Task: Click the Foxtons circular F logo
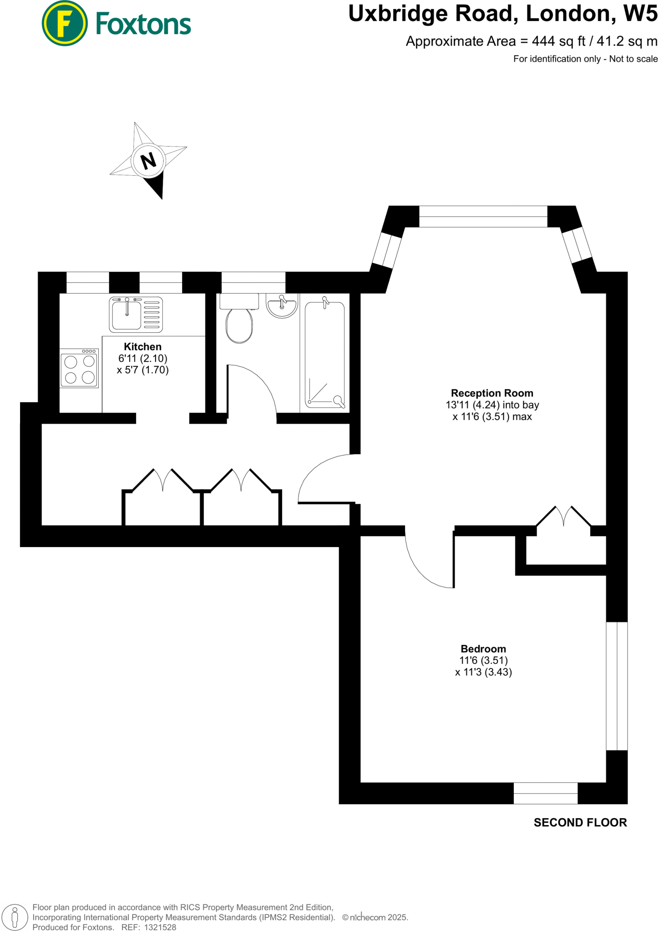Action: (64, 24)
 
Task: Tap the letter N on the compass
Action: (148, 161)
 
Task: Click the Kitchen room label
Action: (142, 347)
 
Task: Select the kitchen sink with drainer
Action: (136, 314)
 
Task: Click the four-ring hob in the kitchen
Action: (79, 368)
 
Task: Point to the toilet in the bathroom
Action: (239, 321)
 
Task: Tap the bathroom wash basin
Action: (282, 305)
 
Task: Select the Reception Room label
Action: (491, 393)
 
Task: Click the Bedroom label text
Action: (483, 649)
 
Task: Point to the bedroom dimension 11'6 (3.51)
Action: (483, 660)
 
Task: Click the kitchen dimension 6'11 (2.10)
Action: (142, 359)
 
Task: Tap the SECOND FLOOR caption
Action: (580, 822)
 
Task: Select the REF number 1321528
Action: (160, 927)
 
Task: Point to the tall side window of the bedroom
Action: (617, 686)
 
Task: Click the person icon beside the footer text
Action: (15, 917)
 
